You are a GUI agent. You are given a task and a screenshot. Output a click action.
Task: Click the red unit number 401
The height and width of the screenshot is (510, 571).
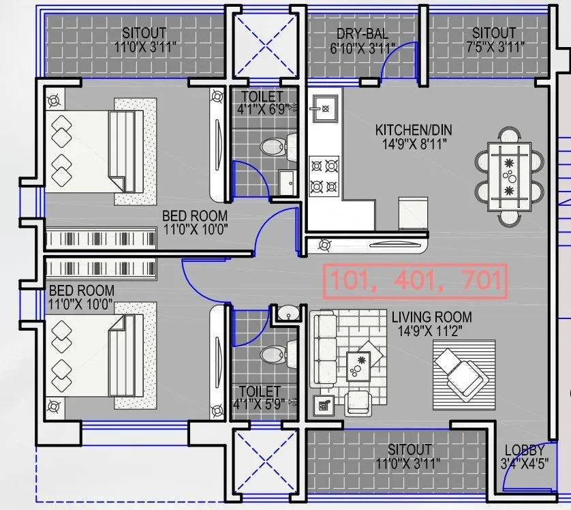pos(418,280)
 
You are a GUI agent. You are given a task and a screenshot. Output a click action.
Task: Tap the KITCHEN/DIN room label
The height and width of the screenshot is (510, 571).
pos(414,130)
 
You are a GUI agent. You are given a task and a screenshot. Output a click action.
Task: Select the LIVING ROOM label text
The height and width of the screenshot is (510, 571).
pos(431,317)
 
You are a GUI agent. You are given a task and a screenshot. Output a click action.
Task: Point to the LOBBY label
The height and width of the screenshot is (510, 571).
pos(524,451)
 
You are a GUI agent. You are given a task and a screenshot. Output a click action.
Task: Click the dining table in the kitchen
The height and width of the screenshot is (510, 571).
pos(509,177)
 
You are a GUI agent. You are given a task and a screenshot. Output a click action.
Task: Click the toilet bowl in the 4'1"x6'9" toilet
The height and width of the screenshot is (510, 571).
pos(274,146)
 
